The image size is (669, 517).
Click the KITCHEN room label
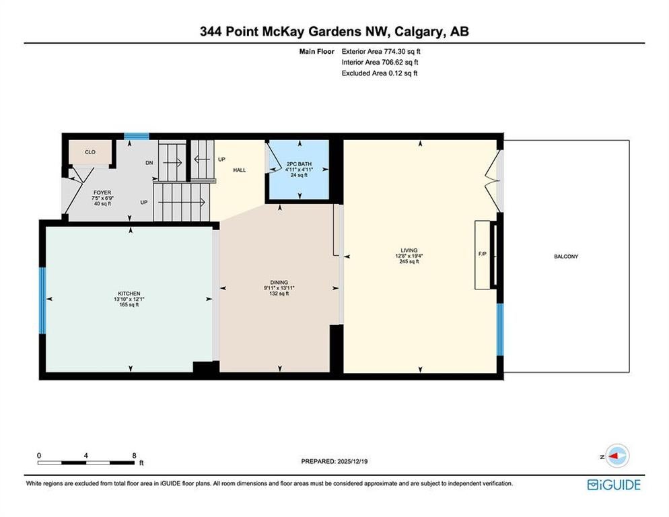click(129, 294)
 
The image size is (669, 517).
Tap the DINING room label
click(279, 282)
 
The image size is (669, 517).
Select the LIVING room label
click(409, 250)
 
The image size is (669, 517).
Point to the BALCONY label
click(566, 256)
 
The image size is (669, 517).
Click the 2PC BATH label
click(299, 164)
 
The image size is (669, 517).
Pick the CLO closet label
click(90, 152)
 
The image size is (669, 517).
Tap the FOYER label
click(102, 193)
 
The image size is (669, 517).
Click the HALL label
click(240, 170)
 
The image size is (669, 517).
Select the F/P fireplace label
click(483, 254)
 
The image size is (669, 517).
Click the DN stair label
click(149, 163)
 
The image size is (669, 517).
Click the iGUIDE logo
click(614, 485)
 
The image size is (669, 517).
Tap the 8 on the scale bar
click(134, 456)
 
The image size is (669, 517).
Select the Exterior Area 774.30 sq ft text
click(381, 51)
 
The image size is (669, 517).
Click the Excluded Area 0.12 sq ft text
click(380, 73)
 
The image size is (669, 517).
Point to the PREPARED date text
click(334, 461)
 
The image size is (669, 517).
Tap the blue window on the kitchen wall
click(42, 300)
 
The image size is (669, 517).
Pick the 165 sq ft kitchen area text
click(129, 305)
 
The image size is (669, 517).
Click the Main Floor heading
click(317, 51)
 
